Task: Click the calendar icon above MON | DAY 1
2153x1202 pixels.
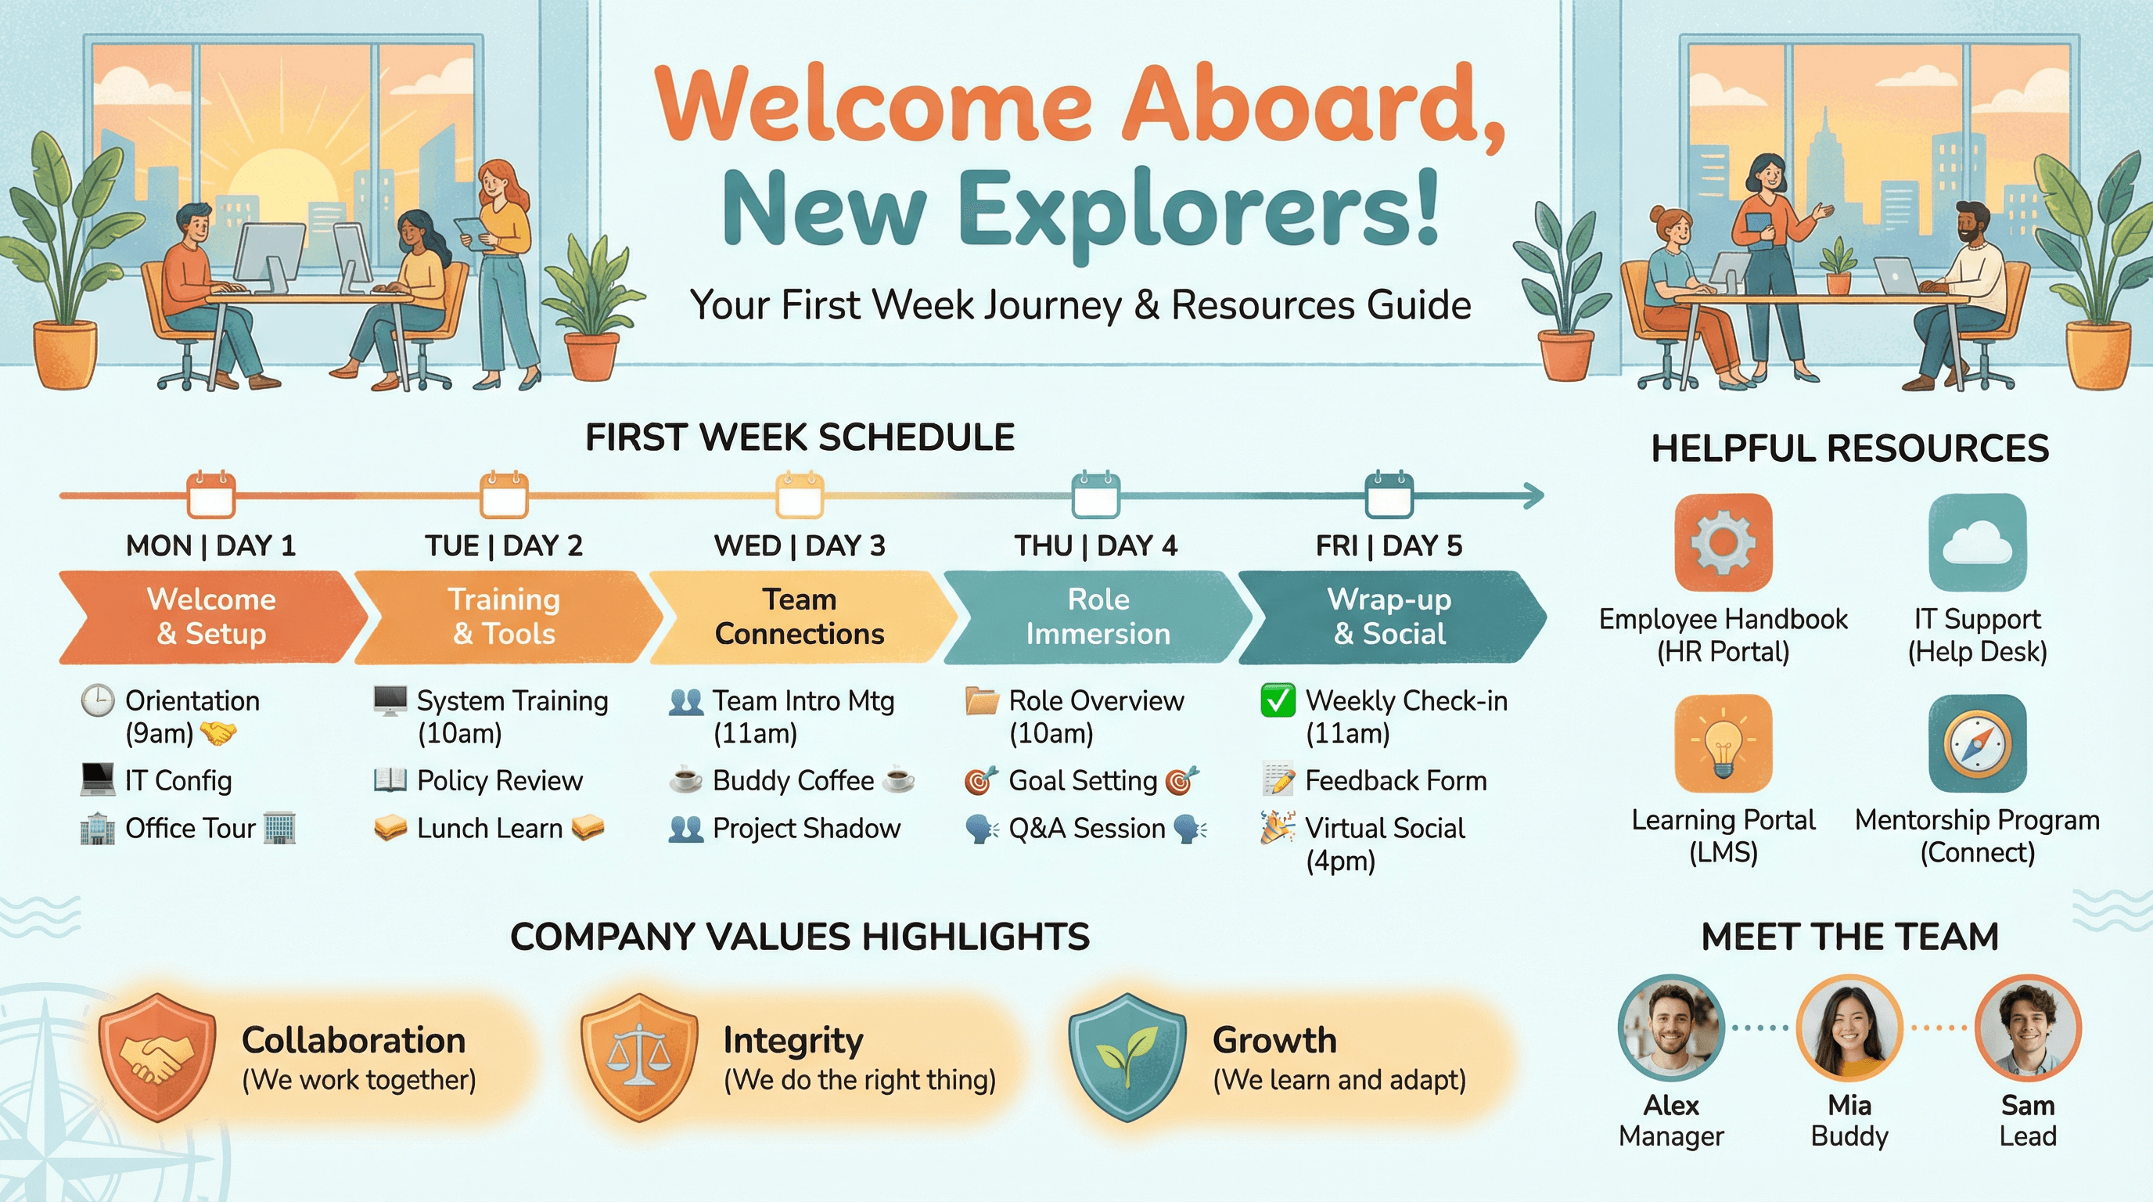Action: (x=210, y=495)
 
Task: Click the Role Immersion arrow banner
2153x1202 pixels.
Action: (x=1098, y=617)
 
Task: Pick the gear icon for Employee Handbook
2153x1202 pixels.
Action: (x=1723, y=542)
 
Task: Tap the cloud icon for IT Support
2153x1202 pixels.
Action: (x=1977, y=542)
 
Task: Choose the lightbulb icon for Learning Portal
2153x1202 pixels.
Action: (x=1723, y=743)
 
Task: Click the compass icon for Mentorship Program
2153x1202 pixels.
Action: (x=1977, y=743)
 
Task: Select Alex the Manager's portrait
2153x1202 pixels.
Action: (x=1671, y=1028)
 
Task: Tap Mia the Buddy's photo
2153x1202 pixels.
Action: (x=1849, y=1028)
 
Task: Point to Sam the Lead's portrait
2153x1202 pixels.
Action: (x=2028, y=1028)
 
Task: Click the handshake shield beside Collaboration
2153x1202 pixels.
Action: (x=157, y=1056)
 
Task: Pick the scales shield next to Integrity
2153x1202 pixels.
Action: (x=639, y=1056)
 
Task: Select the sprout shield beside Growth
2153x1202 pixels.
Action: (x=1127, y=1056)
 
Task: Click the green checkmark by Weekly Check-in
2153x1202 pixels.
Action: (x=1278, y=700)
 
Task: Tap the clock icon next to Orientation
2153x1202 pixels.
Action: (x=98, y=700)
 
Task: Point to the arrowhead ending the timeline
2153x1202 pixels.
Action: (x=1533, y=495)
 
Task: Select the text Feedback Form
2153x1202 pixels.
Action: (x=1396, y=781)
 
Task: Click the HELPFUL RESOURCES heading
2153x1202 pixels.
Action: (x=1849, y=448)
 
